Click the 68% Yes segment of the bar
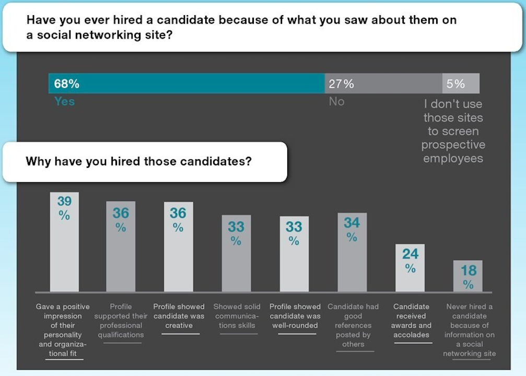click(x=186, y=84)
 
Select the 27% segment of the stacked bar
click(x=383, y=84)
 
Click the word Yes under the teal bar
click(x=65, y=101)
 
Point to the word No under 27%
click(x=336, y=101)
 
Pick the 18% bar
click(x=468, y=276)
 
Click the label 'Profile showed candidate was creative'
click(x=179, y=316)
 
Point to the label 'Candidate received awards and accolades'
click(x=412, y=321)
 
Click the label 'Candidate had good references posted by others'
click(x=353, y=325)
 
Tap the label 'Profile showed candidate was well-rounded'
click(x=295, y=316)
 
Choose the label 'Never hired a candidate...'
click(x=469, y=330)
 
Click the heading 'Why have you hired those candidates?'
click(x=138, y=161)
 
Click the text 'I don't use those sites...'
click(x=453, y=131)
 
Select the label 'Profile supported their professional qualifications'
click(x=121, y=321)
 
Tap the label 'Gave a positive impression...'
click(x=63, y=330)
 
